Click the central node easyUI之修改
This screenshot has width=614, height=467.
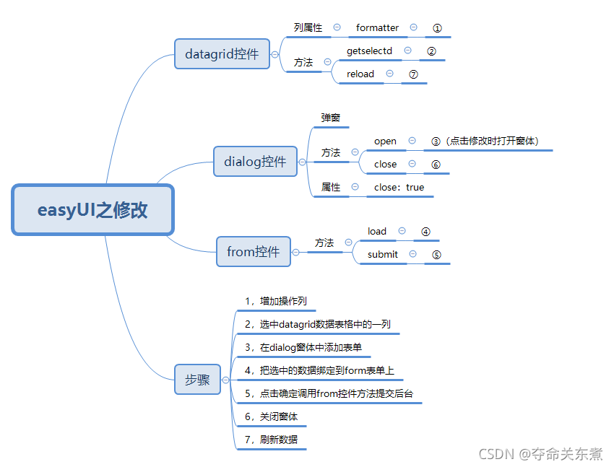coord(92,210)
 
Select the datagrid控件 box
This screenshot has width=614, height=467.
coord(222,54)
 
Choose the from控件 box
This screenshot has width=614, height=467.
coord(253,252)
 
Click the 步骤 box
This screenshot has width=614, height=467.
coord(196,380)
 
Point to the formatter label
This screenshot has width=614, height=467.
coord(377,27)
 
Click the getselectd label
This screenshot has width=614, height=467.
coord(369,51)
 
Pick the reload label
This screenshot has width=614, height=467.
coord(360,74)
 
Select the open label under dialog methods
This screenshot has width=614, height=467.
coord(385,141)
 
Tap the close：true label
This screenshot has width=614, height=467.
coord(399,187)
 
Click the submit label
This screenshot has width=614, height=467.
coord(382,254)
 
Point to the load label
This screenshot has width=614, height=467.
coord(377,231)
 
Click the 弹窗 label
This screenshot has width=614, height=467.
coord(330,117)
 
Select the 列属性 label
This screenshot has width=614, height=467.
coord(308,27)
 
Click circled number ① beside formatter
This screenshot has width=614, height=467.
coord(437,27)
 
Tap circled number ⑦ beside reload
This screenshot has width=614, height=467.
coord(413,74)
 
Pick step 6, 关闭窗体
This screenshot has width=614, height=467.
coord(271,416)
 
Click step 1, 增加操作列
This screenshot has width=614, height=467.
coord(276,302)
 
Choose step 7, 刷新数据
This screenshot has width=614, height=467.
coord(271,440)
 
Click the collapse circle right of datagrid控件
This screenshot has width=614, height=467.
coord(274,54)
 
